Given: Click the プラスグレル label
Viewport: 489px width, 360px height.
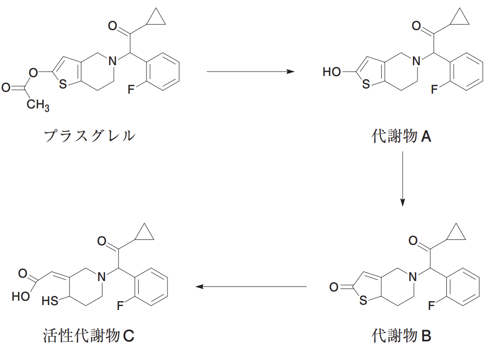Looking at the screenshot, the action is tap(89, 136).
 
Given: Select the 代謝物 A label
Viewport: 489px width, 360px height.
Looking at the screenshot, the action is tap(401, 136).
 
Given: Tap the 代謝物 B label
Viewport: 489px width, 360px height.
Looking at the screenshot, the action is tap(401, 335).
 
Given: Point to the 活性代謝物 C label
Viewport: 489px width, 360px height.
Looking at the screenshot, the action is tap(89, 335).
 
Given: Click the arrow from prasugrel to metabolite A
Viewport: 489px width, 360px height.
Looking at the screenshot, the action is tap(250, 72).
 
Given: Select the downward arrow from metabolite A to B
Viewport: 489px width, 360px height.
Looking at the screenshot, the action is tap(402, 179).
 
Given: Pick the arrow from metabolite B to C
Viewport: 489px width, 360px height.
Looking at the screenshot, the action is tap(251, 286).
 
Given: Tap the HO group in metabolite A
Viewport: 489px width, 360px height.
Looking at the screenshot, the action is tap(332, 72).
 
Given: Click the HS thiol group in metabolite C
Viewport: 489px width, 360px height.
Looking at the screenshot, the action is tap(50, 301).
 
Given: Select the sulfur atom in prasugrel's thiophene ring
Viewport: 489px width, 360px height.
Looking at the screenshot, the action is tap(63, 84).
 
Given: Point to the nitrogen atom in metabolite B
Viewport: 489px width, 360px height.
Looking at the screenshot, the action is tap(412, 277).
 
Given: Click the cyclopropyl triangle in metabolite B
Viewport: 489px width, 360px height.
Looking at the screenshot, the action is tap(456, 239).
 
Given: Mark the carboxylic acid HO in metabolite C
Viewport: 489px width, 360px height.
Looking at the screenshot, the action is tap(21, 296).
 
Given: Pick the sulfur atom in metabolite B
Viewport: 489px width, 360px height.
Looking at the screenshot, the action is tap(363, 300).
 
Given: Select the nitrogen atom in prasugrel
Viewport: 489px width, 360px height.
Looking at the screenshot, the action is tap(112, 61).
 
